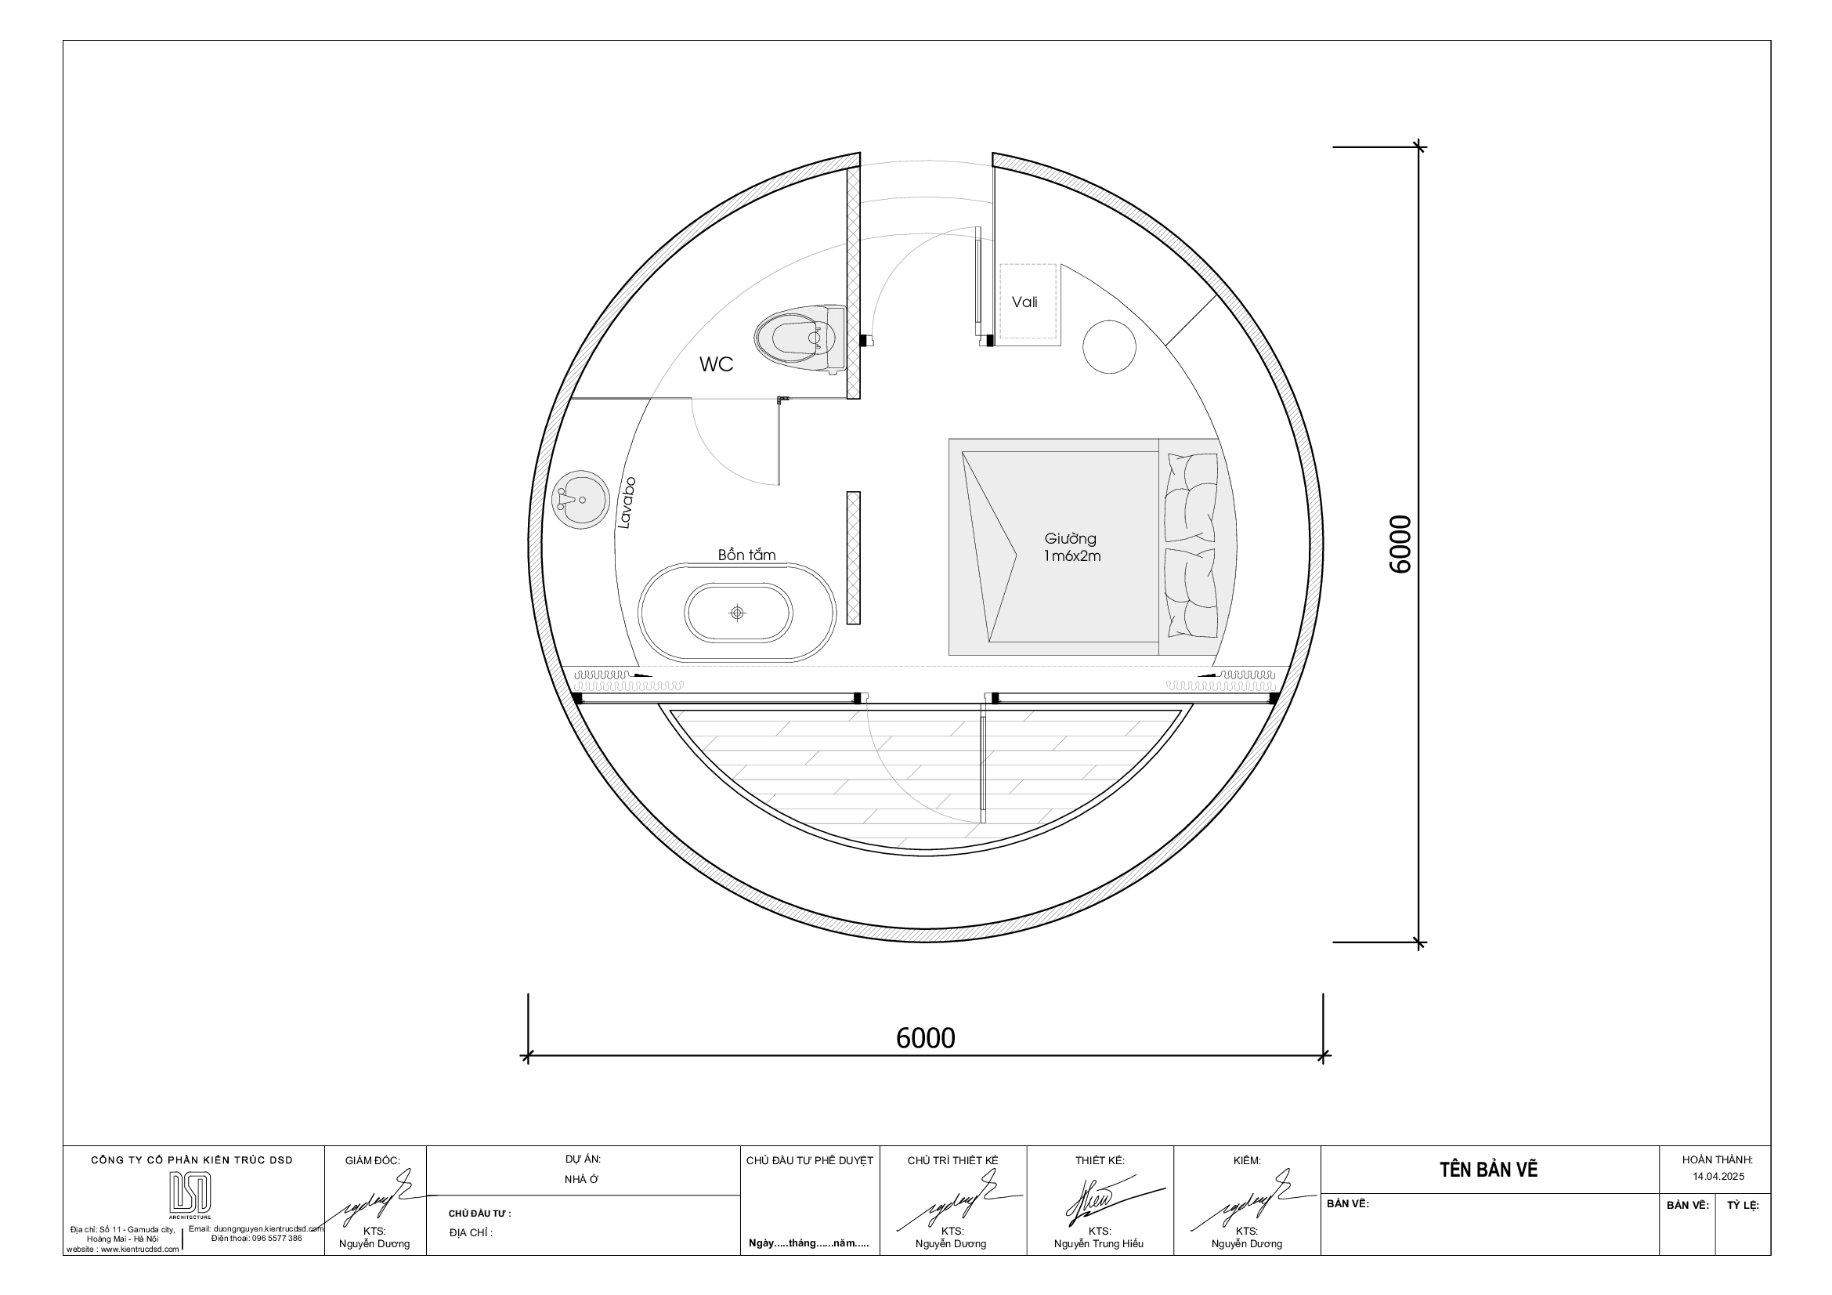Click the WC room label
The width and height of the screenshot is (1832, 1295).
[x=716, y=364]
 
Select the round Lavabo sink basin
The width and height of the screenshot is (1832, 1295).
[x=580, y=499]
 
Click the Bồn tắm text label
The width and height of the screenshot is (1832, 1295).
[x=746, y=555]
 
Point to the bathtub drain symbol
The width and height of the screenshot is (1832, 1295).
[x=737, y=613]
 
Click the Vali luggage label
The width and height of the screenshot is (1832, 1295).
[x=1024, y=302]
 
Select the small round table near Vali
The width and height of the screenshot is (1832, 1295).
[x=1109, y=346]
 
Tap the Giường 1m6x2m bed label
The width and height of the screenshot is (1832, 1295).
[x=1071, y=548]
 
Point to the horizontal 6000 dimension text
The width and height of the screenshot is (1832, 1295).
[x=925, y=1038]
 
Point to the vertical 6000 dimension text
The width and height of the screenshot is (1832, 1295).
[x=1400, y=544]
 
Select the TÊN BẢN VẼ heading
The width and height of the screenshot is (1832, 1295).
[x=1488, y=1170]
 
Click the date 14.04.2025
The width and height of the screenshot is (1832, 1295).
[x=1718, y=1177]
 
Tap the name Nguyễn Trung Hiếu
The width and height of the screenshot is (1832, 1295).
[x=1098, y=1244]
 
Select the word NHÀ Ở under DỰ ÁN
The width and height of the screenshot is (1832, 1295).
[x=582, y=1180]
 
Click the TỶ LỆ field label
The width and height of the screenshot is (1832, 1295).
[x=1743, y=1206]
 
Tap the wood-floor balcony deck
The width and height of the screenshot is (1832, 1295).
[x=926, y=774]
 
